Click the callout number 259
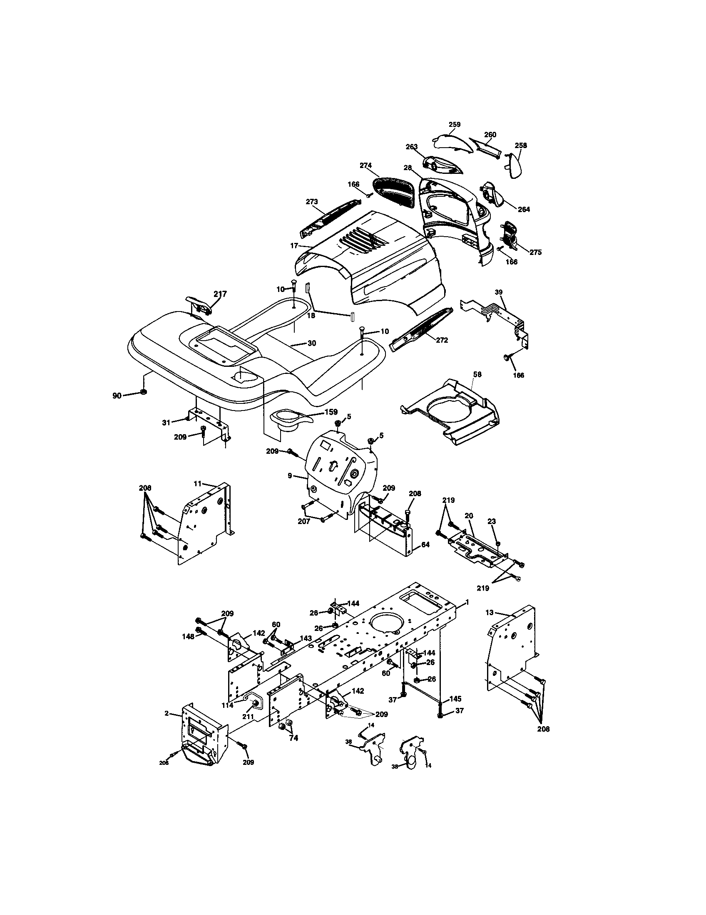coord(455,124)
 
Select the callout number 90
coord(117,396)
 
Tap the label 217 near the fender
coord(220,294)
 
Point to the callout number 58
coord(477,374)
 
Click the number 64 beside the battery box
coord(425,545)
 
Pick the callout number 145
coord(456,699)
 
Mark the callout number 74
coord(293,738)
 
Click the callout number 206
coord(164,763)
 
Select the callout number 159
coord(331,412)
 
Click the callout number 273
coord(311,202)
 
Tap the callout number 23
coord(492,522)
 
